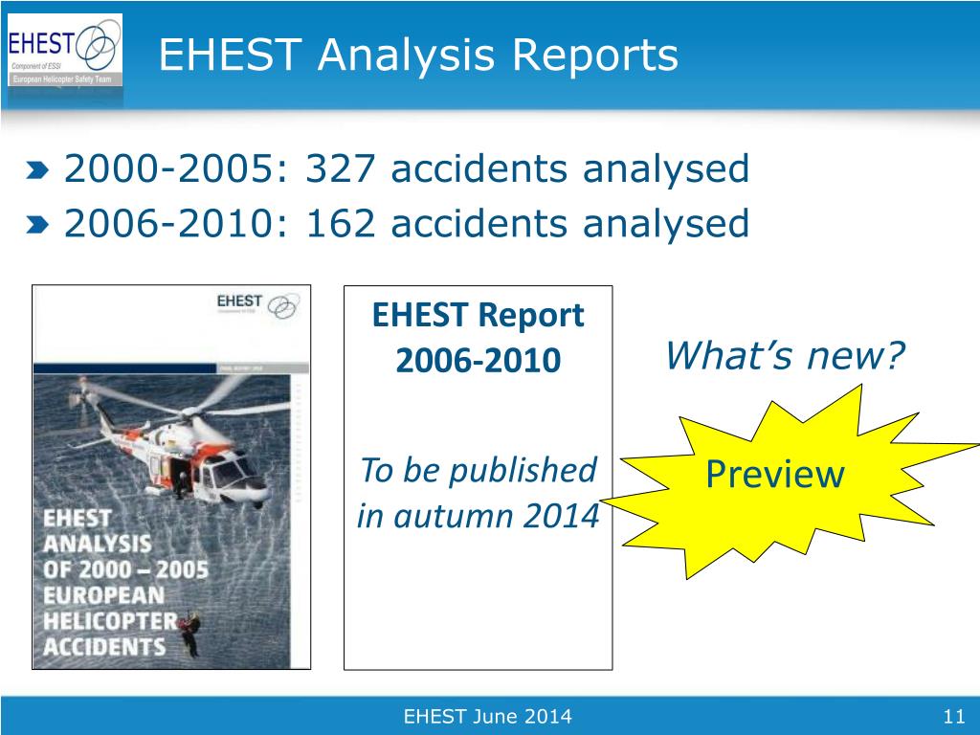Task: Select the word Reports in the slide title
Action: click(x=597, y=56)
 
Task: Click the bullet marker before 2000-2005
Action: click(x=37, y=172)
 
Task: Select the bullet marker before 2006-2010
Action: click(x=37, y=226)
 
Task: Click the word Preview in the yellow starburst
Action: click(x=774, y=475)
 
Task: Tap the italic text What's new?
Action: click(x=784, y=357)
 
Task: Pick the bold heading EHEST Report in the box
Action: click(x=478, y=315)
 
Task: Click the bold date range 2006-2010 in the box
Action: click(x=478, y=361)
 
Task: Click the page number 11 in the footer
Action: click(x=951, y=717)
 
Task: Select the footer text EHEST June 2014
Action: click(x=488, y=717)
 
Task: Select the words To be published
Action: click(x=478, y=471)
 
